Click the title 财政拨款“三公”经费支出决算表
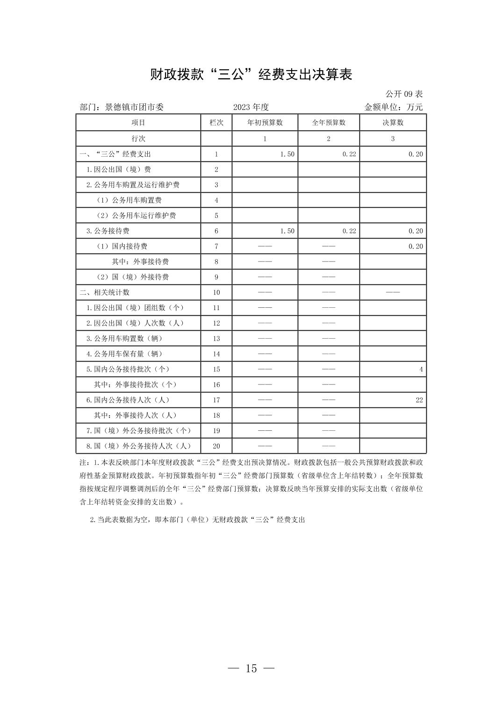[251, 74]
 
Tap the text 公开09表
[404, 94]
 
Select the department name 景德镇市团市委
[134, 107]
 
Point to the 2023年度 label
[251, 107]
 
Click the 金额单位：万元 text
[393, 107]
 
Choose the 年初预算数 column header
[265, 123]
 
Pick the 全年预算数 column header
[329, 123]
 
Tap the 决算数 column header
[393, 123]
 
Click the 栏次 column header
[216, 123]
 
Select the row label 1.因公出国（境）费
[118, 169]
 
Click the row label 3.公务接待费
[108, 231]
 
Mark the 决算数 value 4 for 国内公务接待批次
[421, 370]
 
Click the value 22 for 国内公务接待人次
[419, 400]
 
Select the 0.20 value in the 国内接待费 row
[416, 247]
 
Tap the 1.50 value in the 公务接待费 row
[287, 231]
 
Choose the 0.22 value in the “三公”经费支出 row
[349, 154]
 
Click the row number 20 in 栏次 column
[216, 446]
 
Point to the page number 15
[251, 668]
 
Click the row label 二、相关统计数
[105, 292]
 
